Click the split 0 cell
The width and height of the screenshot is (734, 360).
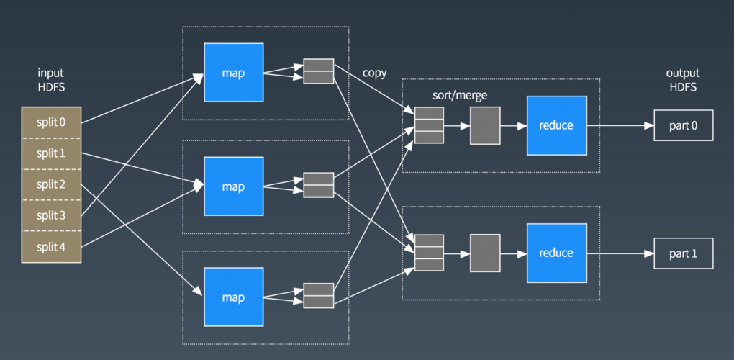click(x=51, y=122)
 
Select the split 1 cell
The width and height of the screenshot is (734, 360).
click(x=51, y=153)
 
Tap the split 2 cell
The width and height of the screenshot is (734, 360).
click(x=51, y=184)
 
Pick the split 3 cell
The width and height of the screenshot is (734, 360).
click(x=51, y=215)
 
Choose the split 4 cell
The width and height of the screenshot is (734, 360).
click(x=51, y=246)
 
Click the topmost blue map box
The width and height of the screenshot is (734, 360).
click(x=234, y=73)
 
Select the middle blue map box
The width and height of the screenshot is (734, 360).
click(x=234, y=186)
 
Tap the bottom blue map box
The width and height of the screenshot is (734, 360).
click(x=234, y=297)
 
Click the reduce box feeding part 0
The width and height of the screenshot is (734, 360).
click(x=556, y=125)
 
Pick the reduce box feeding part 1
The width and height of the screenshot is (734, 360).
click(x=556, y=253)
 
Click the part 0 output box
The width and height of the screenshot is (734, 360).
click(x=684, y=125)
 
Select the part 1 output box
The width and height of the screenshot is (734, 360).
click(x=684, y=253)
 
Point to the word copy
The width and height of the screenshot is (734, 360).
click(x=374, y=73)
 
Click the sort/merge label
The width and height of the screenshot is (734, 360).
click(x=460, y=96)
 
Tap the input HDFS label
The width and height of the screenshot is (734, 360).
click(x=51, y=80)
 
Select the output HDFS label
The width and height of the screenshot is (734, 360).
click(x=683, y=80)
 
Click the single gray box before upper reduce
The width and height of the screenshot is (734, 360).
click(x=486, y=125)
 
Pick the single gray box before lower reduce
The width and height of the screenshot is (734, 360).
click(x=486, y=253)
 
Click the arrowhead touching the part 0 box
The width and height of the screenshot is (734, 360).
click(x=649, y=125)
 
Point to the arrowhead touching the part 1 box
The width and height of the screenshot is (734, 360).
click(x=649, y=253)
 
